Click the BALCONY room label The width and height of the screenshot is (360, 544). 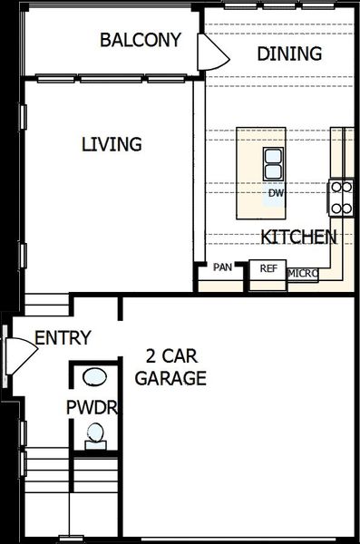click(141, 40)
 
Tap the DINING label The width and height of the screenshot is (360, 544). click(288, 53)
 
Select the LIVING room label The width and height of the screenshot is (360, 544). click(112, 144)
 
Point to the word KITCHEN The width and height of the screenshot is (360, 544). click(298, 238)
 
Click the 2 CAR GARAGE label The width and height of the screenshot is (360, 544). click(171, 367)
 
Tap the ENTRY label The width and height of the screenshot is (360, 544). click(63, 338)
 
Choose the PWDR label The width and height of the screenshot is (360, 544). click(92, 407)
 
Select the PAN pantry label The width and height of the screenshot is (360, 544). click(222, 267)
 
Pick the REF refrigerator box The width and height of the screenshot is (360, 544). click(268, 268)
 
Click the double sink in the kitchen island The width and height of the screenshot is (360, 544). click(274, 164)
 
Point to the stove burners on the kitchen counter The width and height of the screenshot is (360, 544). click(341, 198)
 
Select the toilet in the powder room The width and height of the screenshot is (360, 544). click(94, 438)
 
